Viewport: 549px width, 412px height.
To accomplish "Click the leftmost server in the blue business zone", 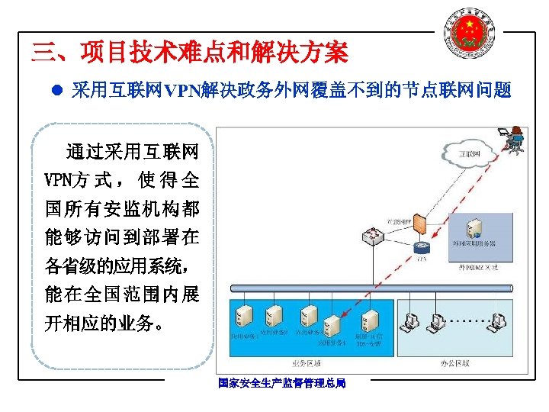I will point(244,315).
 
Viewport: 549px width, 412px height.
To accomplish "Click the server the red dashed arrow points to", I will point(332,324).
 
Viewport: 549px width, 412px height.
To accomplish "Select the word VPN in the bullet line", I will point(179,92).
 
